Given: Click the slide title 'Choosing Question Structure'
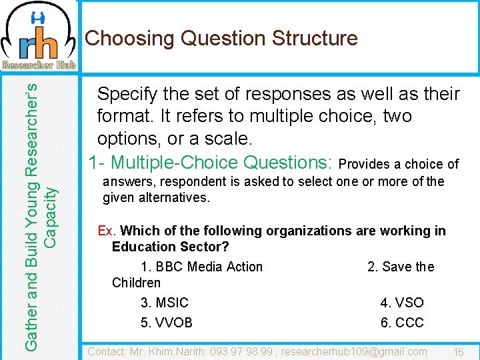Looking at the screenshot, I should coord(221,39).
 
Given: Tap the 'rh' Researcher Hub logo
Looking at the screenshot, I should coord(39,37).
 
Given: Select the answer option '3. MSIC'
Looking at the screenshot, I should coord(165,303).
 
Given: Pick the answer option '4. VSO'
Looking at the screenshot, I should coord(402,303).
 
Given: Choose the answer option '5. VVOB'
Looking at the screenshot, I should coord(167,323).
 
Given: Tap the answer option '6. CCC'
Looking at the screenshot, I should coord(402,323).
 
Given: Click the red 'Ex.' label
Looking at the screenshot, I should coord(107,231).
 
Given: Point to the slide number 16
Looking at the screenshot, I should coord(458,352).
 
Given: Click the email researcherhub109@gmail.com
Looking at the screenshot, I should coord(354,351).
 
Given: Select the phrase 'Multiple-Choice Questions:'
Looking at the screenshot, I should coord(223,162).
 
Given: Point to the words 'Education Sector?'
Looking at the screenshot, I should coord(170,247).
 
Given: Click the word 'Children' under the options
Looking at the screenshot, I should coord(136,283).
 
